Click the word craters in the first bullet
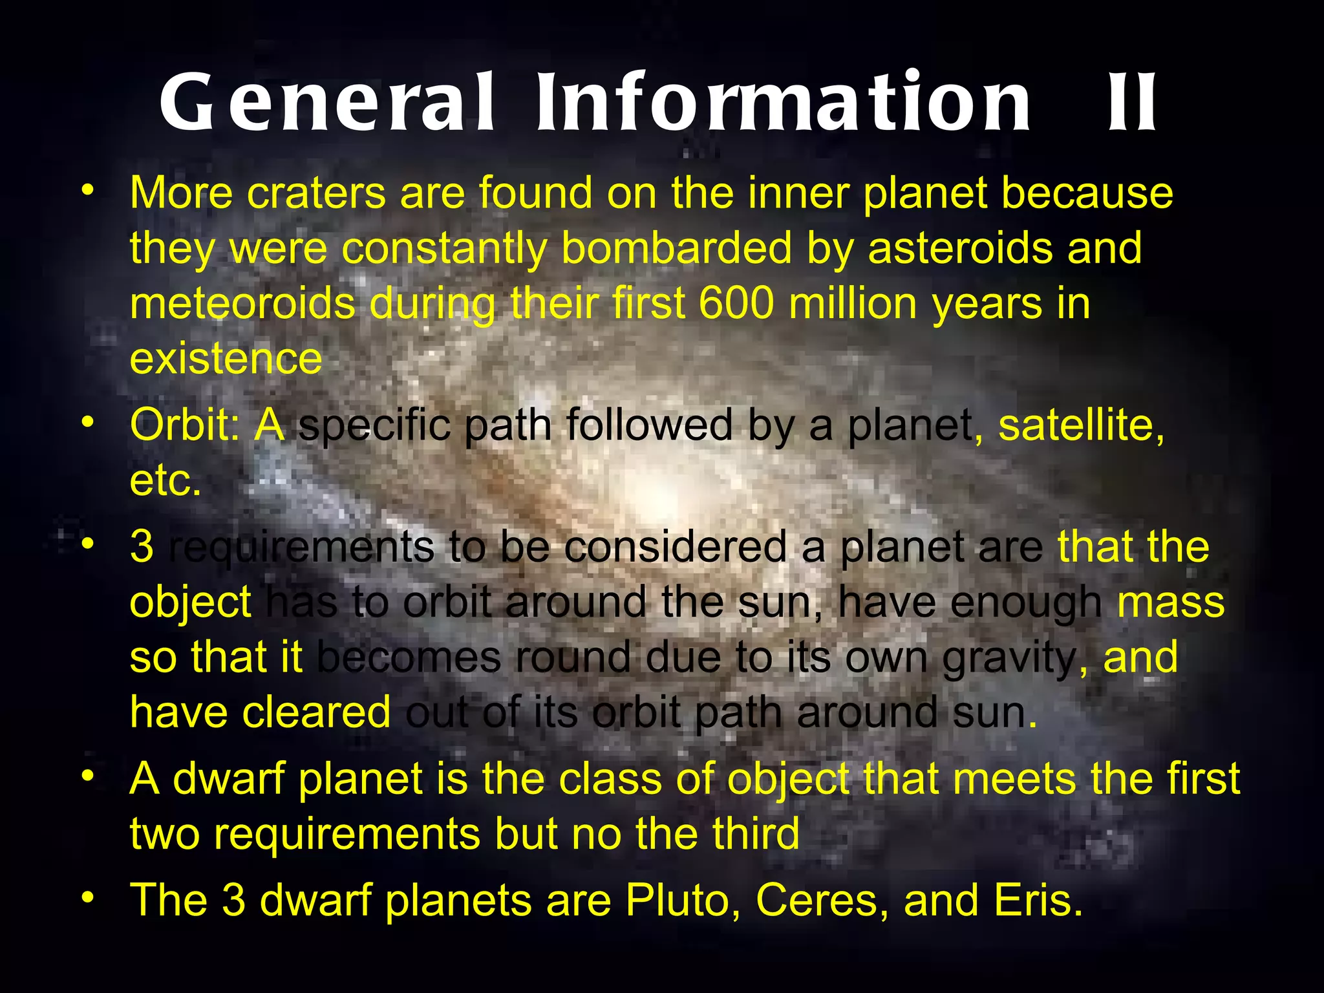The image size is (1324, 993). (x=316, y=193)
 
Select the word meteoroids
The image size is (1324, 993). (x=242, y=303)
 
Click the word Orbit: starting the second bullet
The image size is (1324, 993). (x=184, y=425)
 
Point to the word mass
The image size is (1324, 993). (x=1171, y=603)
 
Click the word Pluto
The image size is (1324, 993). (x=683, y=900)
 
